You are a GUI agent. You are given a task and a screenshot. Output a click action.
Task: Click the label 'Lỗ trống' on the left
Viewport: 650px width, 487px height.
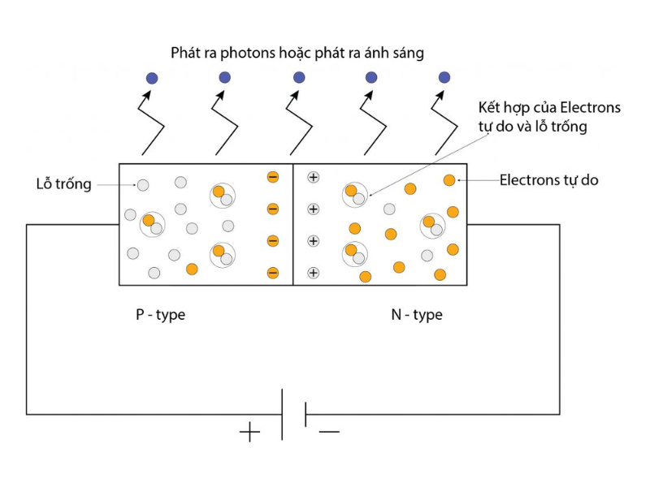point(64,183)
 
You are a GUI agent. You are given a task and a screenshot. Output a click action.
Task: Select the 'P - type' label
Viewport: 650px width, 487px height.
point(160,314)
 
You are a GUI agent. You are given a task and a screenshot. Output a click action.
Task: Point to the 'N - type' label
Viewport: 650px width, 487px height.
point(417,314)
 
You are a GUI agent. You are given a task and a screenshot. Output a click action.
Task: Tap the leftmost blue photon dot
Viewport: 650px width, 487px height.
point(152,78)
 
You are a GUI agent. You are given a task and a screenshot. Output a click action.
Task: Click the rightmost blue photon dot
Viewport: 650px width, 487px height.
point(444,77)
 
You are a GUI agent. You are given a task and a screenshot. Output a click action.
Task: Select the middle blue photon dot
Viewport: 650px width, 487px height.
point(299,78)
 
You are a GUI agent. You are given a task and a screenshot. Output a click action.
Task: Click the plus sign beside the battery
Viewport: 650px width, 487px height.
point(249,432)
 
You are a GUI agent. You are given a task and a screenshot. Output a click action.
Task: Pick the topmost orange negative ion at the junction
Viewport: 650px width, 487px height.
point(273,177)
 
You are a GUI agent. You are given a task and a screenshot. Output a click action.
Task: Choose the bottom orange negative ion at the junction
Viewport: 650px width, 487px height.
point(273,273)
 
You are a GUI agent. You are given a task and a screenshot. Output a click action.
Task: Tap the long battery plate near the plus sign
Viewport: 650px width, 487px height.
point(282,414)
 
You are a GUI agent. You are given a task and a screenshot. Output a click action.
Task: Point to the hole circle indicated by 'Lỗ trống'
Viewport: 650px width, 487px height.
point(143,185)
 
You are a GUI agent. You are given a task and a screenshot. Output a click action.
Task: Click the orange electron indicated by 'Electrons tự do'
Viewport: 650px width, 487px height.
point(448,180)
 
